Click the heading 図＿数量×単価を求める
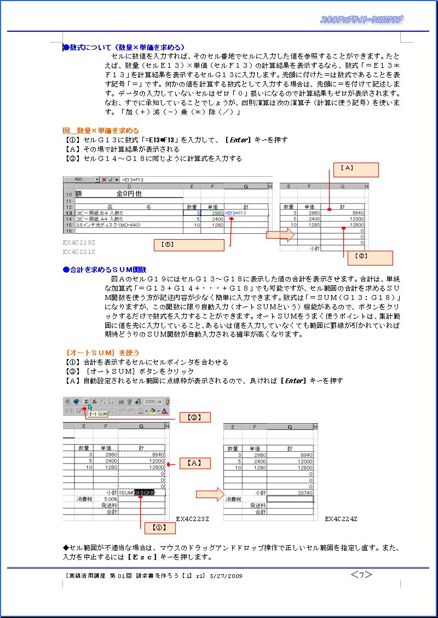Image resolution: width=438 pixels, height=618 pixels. coord(101,131)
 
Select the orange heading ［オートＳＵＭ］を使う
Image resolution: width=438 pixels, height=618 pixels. coord(102,353)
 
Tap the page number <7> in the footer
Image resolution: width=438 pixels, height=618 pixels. coord(361,574)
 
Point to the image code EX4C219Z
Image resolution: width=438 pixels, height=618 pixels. coord(79,241)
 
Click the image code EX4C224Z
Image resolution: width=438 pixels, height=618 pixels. coord(341,518)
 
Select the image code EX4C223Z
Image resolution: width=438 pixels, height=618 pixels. coord(193,518)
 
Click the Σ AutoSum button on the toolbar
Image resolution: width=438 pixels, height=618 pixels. coord(87,401)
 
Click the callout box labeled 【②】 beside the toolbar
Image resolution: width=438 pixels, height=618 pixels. coord(195,417)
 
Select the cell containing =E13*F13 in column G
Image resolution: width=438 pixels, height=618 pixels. coord(246,212)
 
